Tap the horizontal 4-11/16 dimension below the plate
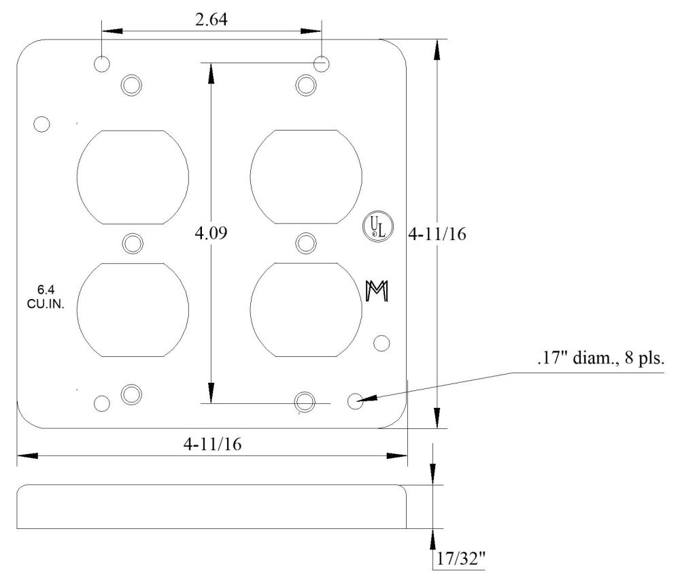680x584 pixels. coord(211,444)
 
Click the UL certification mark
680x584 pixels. coord(375,226)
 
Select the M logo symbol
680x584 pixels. coord(376,290)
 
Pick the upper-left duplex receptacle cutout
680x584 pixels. coord(133,177)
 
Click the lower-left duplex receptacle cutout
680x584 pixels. coord(133,309)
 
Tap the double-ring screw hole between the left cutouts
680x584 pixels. coord(133,243)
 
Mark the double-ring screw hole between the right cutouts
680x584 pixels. coord(306,243)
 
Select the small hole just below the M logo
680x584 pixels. coord(381,343)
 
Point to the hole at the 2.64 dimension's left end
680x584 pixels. coord(102,65)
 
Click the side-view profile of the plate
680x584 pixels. coord(211,506)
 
